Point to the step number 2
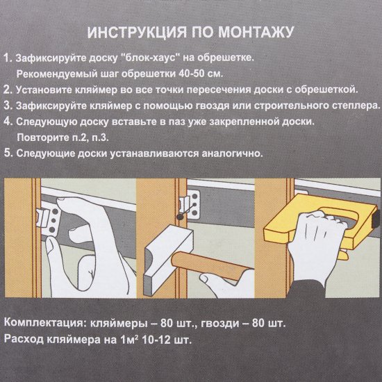pos(8,89)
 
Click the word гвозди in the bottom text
pos(212,324)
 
